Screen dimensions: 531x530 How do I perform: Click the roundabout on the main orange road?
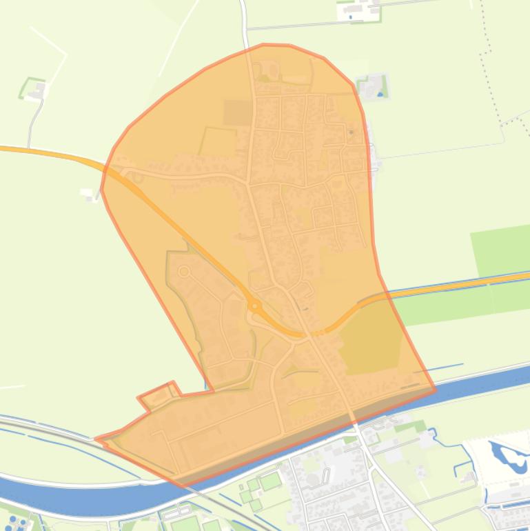pyautogui.click(x=255, y=305)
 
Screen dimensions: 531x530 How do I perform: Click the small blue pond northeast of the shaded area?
pyautogui.click(x=380, y=94)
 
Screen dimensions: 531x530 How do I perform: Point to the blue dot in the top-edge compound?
pyautogui.click(x=350, y=16)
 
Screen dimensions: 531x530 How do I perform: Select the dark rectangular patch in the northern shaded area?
pyautogui.click(x=238, y=112)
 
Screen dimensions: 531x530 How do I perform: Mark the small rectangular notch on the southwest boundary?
pyautogui.click(x=157, y=395)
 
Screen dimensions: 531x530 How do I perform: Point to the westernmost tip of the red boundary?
pyautogui.click(x=96, y=438)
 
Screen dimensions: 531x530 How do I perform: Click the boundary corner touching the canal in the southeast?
pyautogui.click(x=435, y=390)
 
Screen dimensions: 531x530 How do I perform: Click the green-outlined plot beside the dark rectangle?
pyautogui.click(x=218, y=141)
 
